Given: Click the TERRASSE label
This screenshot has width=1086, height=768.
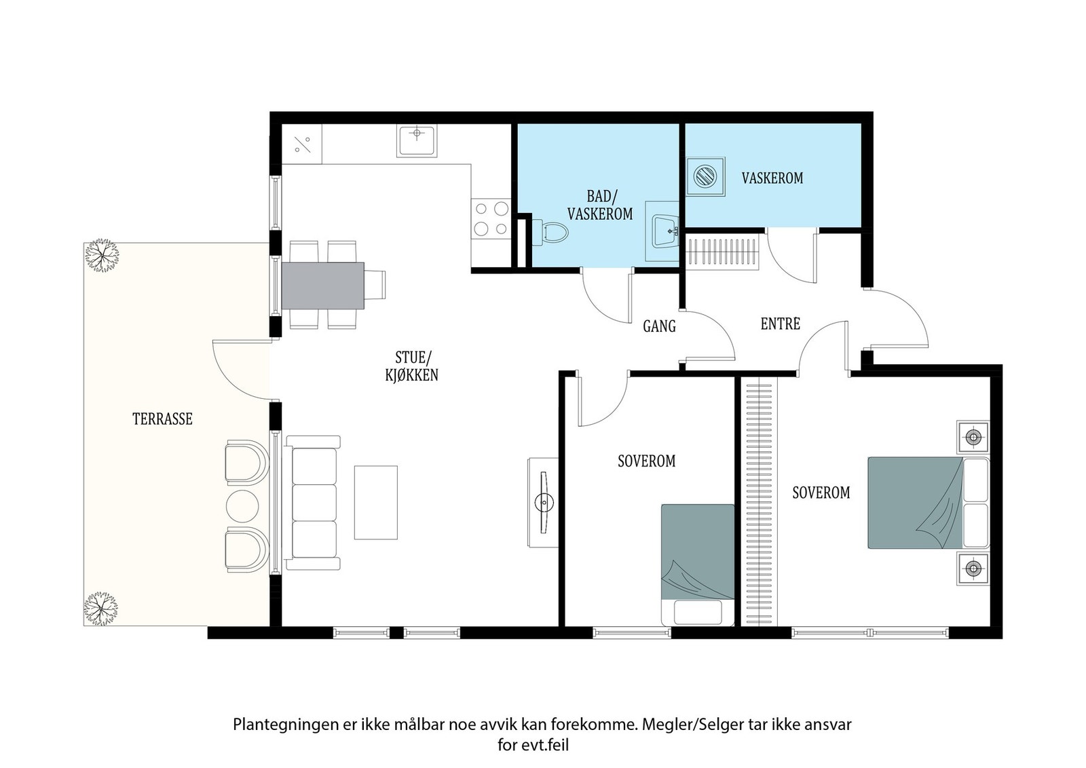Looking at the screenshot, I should (162, 419).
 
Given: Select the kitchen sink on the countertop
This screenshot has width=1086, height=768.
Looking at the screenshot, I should (417, 141).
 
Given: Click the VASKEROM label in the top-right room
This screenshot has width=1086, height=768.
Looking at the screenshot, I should (772, 178).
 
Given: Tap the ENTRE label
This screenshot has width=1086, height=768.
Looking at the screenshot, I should (780, 324).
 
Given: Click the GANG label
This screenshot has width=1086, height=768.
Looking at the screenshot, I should (659, 327).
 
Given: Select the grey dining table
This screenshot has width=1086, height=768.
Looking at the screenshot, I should (322, 285).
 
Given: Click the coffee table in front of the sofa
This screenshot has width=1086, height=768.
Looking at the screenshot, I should (375, 502).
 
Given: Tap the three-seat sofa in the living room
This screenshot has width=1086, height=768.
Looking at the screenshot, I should (313, 503).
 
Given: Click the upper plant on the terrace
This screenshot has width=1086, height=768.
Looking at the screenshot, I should (102, 255).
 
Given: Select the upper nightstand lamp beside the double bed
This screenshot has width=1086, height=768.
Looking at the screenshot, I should (973, 437).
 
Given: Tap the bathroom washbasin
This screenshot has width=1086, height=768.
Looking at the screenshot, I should (665, 231).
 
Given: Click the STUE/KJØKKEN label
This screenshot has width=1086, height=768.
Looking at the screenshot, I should (411, 366).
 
